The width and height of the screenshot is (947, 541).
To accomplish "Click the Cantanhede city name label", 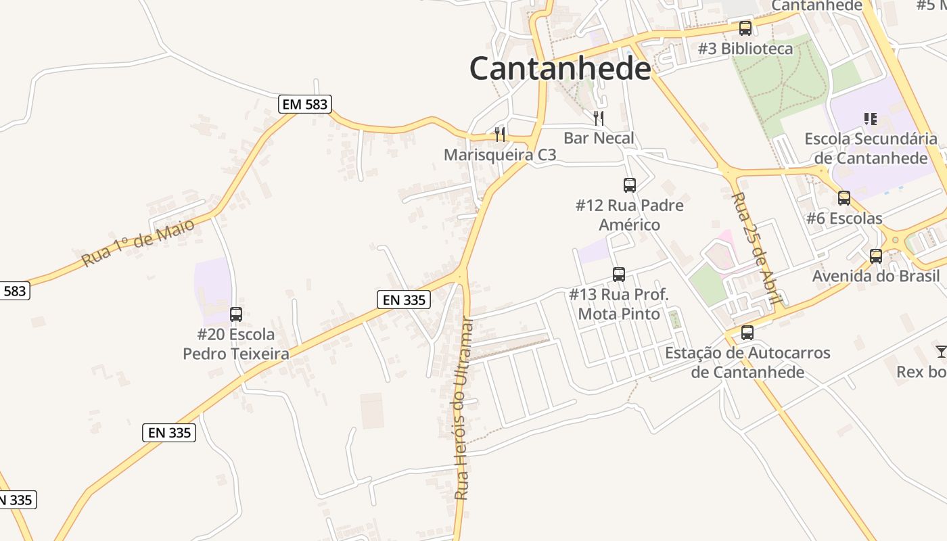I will (x=560, y=68).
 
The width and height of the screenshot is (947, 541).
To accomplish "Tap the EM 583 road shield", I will (x=304, y=104).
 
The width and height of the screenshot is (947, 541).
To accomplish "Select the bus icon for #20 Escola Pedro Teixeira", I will (x=236, y=314).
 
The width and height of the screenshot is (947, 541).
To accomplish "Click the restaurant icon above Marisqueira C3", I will (x=500, y=134).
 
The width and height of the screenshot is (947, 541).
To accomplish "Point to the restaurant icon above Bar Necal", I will (x=599, y=118).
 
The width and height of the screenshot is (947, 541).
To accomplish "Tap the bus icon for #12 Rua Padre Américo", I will (x=630, y=185).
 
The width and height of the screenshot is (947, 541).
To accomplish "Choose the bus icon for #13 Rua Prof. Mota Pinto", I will (x=619, y=274).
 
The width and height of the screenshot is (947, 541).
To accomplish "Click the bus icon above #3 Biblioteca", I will (x=745, y=28).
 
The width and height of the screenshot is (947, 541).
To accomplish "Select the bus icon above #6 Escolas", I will (x=844, y=198).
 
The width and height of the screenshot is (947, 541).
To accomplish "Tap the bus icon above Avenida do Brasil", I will (x=876, y=256).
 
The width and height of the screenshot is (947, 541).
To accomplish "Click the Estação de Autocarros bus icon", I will (x=747, y=333).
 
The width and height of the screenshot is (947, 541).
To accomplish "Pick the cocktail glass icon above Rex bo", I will (x=941, y=352).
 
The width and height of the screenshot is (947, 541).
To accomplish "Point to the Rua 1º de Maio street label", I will (x=138, y=242).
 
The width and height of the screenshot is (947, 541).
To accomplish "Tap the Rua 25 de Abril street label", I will (x=758, y=248).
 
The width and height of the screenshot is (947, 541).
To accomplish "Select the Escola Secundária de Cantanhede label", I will (x=871, y=149).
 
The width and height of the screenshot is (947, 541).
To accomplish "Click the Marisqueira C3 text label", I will (x=500, y=155).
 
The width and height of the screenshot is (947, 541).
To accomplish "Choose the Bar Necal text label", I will (x=599, y=139).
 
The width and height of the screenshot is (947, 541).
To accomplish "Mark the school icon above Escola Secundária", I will (x=871, y=119).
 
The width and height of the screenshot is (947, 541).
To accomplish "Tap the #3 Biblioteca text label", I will (x=745, y=49).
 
